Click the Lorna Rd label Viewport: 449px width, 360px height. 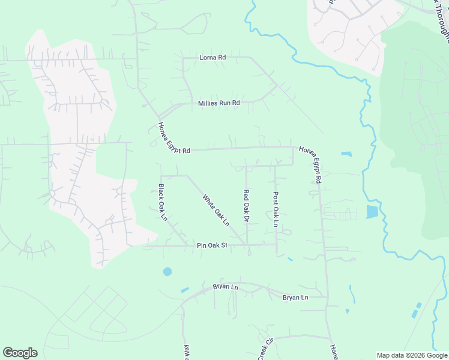tap(212, 58)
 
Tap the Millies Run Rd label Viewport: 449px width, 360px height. tap(219, 103)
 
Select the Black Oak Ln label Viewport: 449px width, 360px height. tap(162, 202)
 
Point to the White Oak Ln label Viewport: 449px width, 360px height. tap(216, 209)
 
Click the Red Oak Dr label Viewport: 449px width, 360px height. tap(246, 206)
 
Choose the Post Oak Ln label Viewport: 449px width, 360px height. tap(276, 209)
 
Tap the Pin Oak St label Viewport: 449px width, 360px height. tap(212, 245)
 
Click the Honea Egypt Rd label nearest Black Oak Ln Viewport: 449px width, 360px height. tap(173, 139)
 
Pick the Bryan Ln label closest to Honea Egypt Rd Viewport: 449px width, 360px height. tap(295, 298)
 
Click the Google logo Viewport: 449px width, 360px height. tap(20, 353)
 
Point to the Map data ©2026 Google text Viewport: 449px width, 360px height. tap(411, 355)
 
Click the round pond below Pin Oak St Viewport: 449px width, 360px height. tap(167, 272)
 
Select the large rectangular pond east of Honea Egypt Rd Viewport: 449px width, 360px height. tap(372, 211)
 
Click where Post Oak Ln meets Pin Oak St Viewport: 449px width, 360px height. tap(277, 244)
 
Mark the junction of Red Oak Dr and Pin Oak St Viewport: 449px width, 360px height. tap(247, 245)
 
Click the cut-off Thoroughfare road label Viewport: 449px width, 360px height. tap(441, 18)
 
